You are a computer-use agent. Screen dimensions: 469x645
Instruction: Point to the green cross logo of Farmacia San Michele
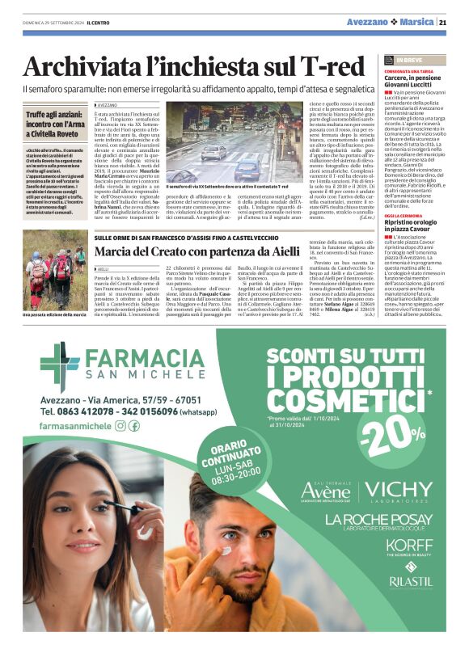point(59,366)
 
